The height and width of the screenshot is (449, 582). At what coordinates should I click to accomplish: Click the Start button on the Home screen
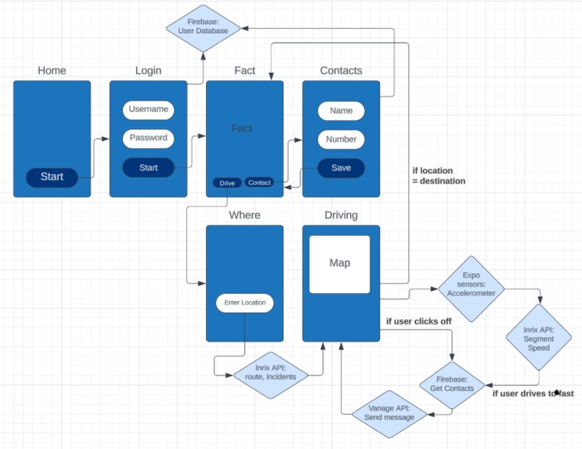click(52, 177)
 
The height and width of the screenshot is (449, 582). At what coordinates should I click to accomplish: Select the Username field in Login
click(148, 110)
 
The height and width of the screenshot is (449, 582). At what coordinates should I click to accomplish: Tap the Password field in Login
click(148, 138)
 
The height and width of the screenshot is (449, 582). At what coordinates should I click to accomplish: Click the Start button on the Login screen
click(148, 168)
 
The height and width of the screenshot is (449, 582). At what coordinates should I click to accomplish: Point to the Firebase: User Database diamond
click(203, 27)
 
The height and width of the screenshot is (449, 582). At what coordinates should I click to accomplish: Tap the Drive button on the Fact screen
click(227, 183)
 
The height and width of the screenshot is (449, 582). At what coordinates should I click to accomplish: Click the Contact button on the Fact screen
click(259, 183)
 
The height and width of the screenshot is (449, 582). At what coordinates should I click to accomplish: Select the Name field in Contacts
click(341, 110)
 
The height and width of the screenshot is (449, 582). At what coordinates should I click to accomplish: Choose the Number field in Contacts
click(341, 139)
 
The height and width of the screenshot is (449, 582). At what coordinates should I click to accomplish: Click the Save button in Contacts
click(341, 168)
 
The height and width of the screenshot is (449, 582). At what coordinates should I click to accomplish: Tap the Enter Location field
click(245, 302)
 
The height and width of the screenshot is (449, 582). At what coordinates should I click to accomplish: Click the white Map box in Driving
click(339, 264)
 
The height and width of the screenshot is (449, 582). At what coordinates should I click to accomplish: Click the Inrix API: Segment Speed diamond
click(538, 339)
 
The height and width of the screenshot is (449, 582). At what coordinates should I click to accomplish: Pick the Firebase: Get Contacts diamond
click(453, 384)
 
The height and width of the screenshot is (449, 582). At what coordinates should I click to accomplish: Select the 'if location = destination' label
click(439, 176)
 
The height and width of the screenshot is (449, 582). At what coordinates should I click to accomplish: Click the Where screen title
click(244, 215)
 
